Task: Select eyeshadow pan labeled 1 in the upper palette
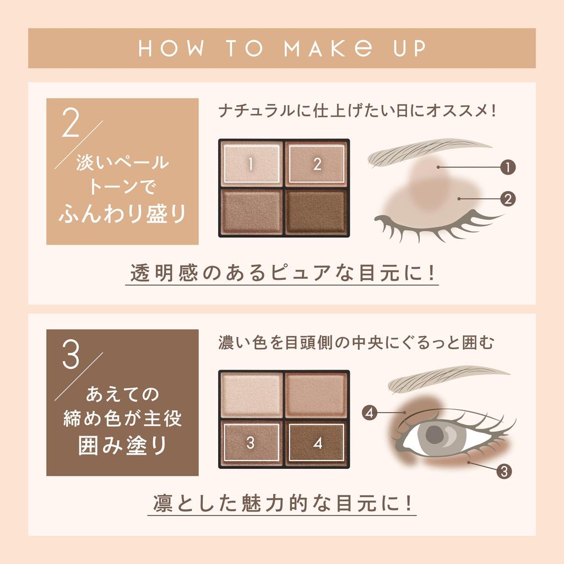[251, 164]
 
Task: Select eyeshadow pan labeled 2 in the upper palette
[317, 164]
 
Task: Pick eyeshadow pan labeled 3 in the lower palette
[251, 443]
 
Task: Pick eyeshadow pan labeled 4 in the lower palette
[317, 443]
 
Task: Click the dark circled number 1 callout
[508, 166]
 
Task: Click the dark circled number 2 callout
[508, 198]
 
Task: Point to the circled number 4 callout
[370, 412]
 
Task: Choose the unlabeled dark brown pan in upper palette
[317, 212]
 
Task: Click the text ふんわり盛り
[122, 214]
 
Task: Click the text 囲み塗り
[122, 445]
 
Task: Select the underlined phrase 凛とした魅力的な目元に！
[281, 503]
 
